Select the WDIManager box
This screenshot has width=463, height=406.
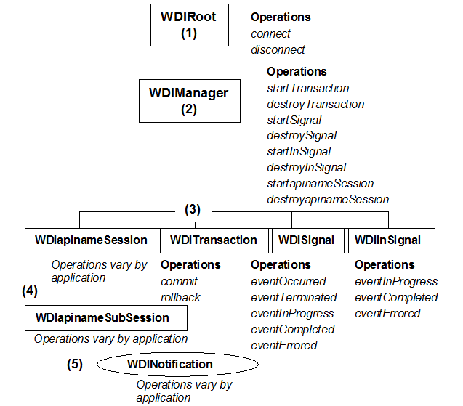(189, 101)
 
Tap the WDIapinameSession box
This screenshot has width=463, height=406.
(92, 240)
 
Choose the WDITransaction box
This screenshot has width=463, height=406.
(213, 240)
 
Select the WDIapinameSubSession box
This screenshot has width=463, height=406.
(106, 317)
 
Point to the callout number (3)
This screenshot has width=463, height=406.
(193, 210)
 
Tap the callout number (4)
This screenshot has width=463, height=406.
(29, 291)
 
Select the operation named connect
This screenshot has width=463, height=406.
(270, 33)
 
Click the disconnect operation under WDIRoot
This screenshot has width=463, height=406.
(278, 49)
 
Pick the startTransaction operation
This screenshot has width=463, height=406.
(308, 88)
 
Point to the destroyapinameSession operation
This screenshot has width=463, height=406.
(328, 199)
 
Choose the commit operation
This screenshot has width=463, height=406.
(179, 281)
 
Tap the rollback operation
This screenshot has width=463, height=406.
(180, 297)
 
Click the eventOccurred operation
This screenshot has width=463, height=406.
(289, 281)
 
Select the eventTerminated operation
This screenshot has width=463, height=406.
(294, 297)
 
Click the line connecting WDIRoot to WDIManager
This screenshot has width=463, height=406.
(189, 63)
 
